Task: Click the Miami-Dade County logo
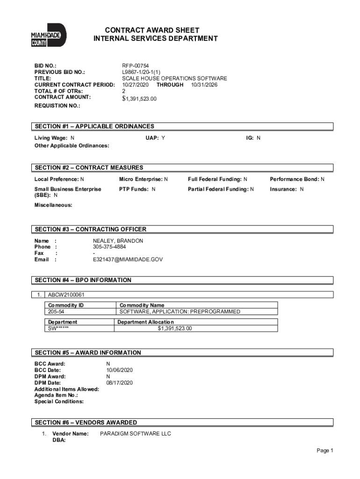tap(49, 36)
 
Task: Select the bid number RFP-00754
tap(136, 66)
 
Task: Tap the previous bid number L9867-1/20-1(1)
tap(141, 73)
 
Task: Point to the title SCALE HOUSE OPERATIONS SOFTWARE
tap(174, 79)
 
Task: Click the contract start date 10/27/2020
tap(136, 85)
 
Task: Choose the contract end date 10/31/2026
tap(204, 85)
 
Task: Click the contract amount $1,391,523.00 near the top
tap(139, 99)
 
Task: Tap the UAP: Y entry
tap(155, 138)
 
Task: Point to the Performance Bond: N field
tap(297, 179)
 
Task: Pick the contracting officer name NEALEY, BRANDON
tap(118, 240)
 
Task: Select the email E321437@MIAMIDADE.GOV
tap(128, 259)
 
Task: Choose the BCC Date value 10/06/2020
tap(120, 370)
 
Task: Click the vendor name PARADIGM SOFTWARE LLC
tap(136, 434)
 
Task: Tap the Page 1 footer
tap(324, 450)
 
